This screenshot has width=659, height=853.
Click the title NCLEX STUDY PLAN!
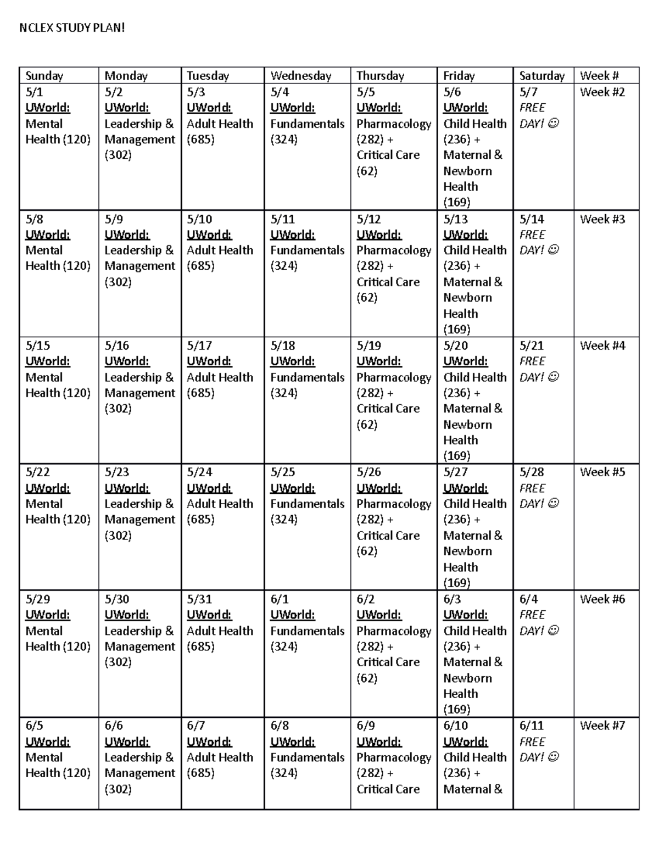pyautogui.click(x=72, y=28)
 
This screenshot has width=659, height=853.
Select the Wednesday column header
pyautogui.click(x=300, y=76)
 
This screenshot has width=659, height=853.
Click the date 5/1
pyautogui.click(x=34, y=92)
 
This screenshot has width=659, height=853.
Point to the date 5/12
pyautogui.click(x=368, y=219)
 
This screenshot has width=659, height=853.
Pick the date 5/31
pyautogui.click(x=199, y=599)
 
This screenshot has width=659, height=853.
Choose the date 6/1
pyautogui.click(x=280, y=599)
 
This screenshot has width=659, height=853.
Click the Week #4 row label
pyautogui.click(x=602, y=345)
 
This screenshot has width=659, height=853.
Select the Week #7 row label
pyautogui.click(x=602, y=726)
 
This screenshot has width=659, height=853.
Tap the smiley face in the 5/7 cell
pyautogui.click(x=553, y=124)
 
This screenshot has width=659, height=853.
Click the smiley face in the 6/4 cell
pyautogui.click(x=553, y=631)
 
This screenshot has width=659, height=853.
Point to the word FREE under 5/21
pyautogui.click(x=532, y=361)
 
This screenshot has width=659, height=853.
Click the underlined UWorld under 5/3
pyautogui.click(x=209, y=108)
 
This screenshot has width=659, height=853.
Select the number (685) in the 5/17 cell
pyautogui.click(x=200, y=393)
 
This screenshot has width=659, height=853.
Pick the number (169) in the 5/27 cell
pyautogui.click(x=456, y=583)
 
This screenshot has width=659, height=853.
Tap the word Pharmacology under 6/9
pyautogui.click(x=394, y=757)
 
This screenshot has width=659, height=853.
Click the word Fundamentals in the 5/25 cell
pyautogui.click(x=307, y=504)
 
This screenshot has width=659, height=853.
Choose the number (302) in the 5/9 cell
pyautogui.click(x=118, y=282)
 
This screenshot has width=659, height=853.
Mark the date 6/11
pyautogui.click(x=532, y=726)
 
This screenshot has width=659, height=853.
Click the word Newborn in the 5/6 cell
pyautogui.click(x=467, y=171)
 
